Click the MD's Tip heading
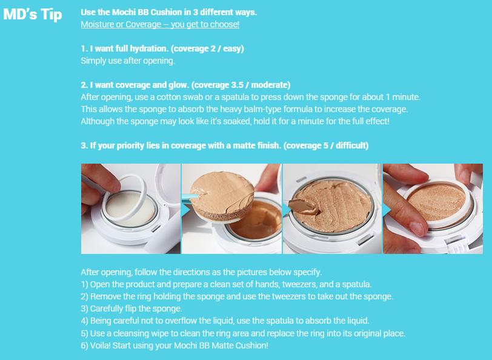(33, 15)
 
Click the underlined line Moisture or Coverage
(160, 24)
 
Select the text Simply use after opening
(128, 61)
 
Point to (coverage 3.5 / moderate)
(241, 85)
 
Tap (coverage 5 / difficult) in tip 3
(326, 145)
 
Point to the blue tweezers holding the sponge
(190, 198)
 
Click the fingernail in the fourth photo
(417, 228)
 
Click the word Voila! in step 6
(100, 345)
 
